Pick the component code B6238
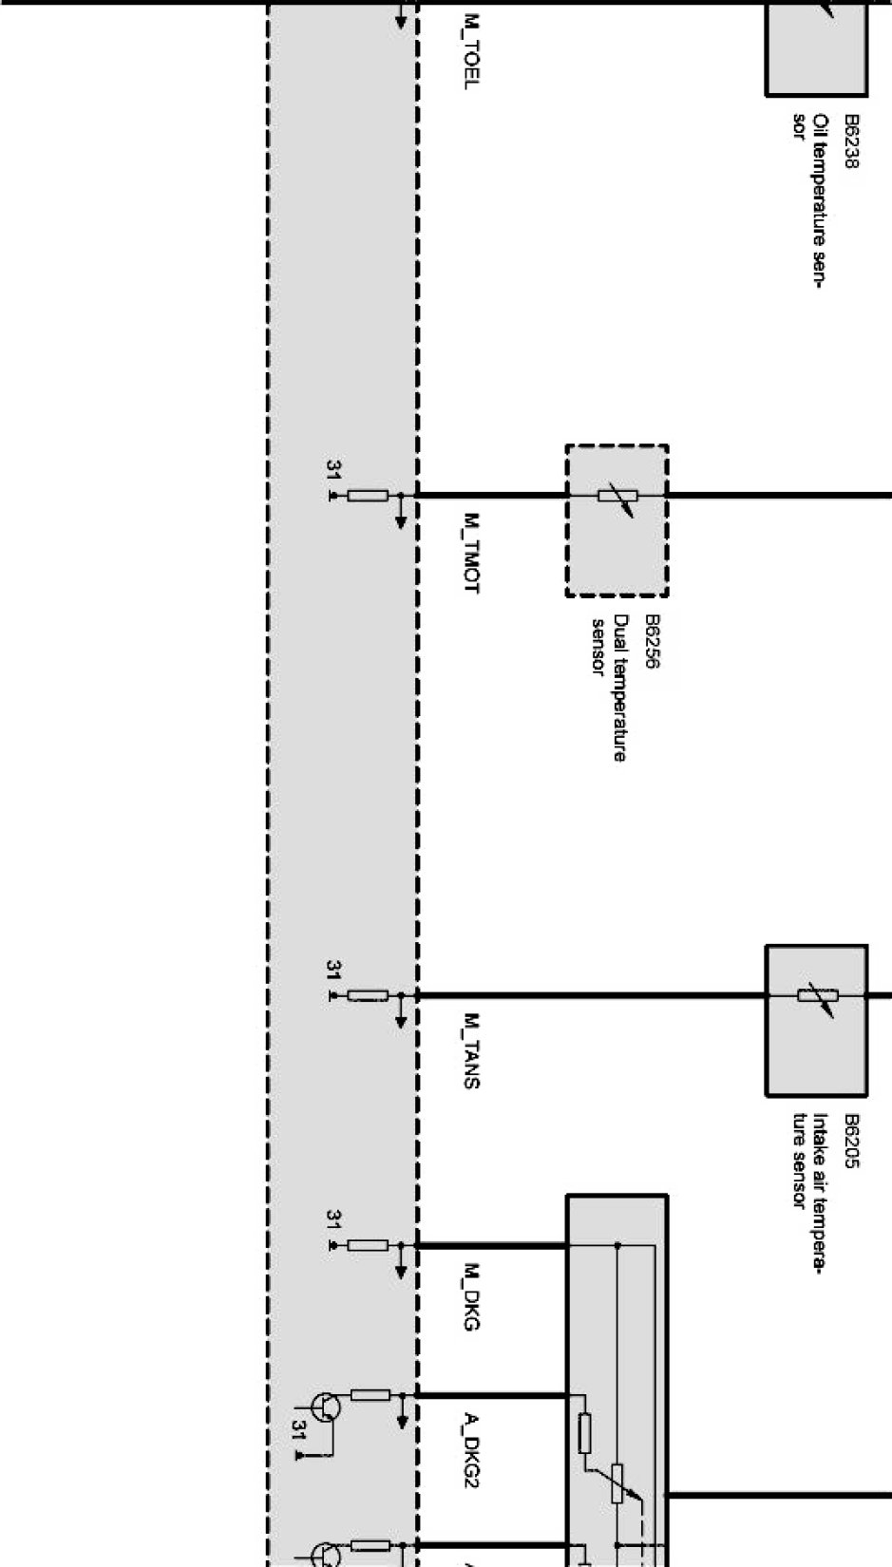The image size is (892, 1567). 851,142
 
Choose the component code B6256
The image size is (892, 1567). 652,641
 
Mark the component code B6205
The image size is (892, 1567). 851,1141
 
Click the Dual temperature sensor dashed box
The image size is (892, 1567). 617,520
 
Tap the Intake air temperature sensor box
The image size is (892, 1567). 816,1020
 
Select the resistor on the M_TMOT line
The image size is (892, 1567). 368,496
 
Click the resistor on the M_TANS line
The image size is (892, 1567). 368,995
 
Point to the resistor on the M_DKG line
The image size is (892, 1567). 368,1245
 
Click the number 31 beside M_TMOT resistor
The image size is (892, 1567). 332,469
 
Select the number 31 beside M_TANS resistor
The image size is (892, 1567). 332,970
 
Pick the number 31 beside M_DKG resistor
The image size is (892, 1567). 332,1218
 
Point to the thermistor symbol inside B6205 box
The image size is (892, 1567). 816,995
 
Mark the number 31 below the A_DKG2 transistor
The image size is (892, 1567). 298,1430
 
